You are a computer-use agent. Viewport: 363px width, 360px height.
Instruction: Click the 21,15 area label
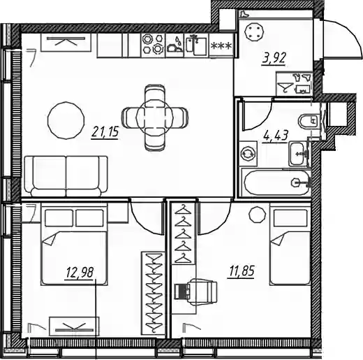[105, 132]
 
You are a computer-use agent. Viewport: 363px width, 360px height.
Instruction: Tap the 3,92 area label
[274, 59]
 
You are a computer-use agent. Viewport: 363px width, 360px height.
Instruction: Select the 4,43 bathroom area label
[276, 136]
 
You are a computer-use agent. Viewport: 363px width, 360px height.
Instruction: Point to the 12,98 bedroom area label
[80, 273]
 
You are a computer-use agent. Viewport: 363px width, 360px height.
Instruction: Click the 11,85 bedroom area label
[242, 271]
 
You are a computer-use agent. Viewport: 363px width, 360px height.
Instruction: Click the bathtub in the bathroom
[276, 183]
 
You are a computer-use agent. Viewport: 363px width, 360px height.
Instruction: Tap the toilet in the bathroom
[309, 121]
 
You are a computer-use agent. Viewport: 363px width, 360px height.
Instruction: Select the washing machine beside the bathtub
[249, 154]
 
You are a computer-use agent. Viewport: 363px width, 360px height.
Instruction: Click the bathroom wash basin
[298, 154]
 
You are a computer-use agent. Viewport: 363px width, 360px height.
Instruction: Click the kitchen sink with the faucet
[197, 45]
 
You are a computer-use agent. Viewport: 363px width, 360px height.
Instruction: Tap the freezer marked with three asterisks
[221, 45]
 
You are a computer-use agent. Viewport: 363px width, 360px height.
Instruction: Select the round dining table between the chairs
[154, 118]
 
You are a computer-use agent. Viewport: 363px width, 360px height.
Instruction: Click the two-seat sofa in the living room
[66, 176]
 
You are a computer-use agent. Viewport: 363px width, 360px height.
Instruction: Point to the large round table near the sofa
[66, 120]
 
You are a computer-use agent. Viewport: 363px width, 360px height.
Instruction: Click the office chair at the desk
[202, 292]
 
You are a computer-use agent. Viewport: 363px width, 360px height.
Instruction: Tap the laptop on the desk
[181, 291]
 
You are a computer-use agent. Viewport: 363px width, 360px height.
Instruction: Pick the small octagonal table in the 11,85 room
[257, 215]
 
